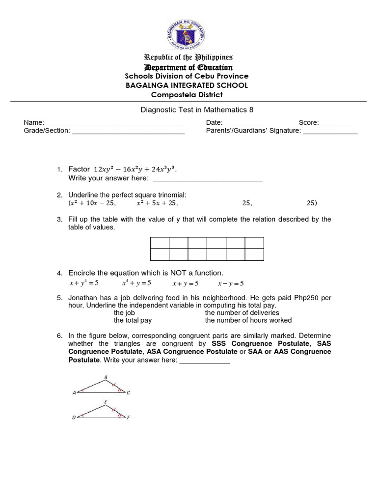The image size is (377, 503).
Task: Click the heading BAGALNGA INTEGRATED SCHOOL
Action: [x=186, y=85]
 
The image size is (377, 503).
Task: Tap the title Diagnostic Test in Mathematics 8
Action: [x=188, y=110]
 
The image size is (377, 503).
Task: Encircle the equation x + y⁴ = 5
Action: [x=84, y=283]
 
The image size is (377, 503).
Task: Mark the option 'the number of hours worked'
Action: [x=248, y=320]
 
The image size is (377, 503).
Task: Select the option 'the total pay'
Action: [x=133, y=320]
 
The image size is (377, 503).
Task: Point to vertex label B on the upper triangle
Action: [x=106, y=377]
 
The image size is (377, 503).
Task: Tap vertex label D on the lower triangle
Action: [x=74, y=418]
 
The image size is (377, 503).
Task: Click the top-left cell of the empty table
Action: [x=160, y=243]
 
